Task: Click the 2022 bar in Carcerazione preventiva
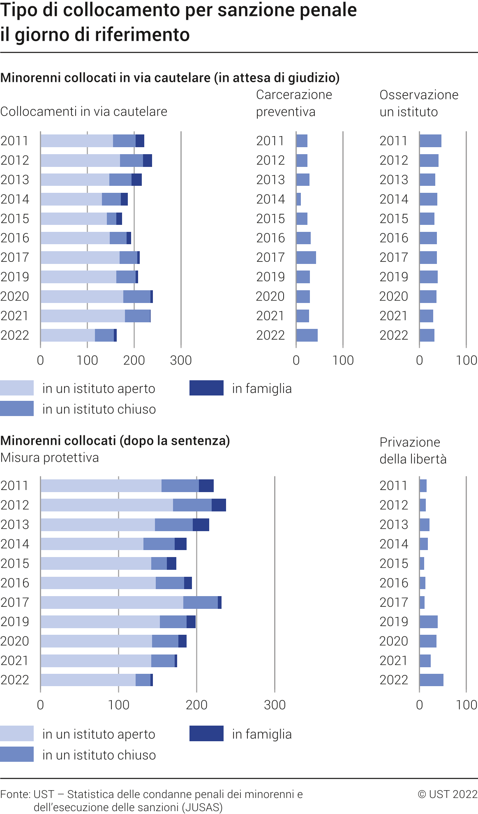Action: pos(307,335)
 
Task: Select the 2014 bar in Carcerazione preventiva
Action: pos(299,199)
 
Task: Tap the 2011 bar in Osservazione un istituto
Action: pos(430,141)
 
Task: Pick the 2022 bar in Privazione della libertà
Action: pos(431,680)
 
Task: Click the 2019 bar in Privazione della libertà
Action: pos(428,622)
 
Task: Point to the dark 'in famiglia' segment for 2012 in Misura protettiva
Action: pos(219,505)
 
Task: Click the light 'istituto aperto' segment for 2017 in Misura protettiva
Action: pos(112,602)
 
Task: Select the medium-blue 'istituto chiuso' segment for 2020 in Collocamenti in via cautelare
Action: pos(137,296)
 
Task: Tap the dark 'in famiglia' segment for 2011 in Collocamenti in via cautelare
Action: pos(140,141)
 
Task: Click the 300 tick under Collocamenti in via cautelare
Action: pos(181,361)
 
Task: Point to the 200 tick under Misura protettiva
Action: pos(196,705)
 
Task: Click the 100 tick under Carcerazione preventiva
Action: pos(343,361)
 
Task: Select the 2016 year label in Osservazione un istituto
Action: pos(394,238)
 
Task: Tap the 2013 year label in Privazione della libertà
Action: pos(394,525)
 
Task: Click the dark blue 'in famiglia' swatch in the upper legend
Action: pos(206,388)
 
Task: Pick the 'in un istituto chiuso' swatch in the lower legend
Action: pos(17,754)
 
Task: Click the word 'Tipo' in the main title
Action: pos(18,10)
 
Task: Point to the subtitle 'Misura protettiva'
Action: pos(50,458)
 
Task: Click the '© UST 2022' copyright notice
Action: pos(448,794)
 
